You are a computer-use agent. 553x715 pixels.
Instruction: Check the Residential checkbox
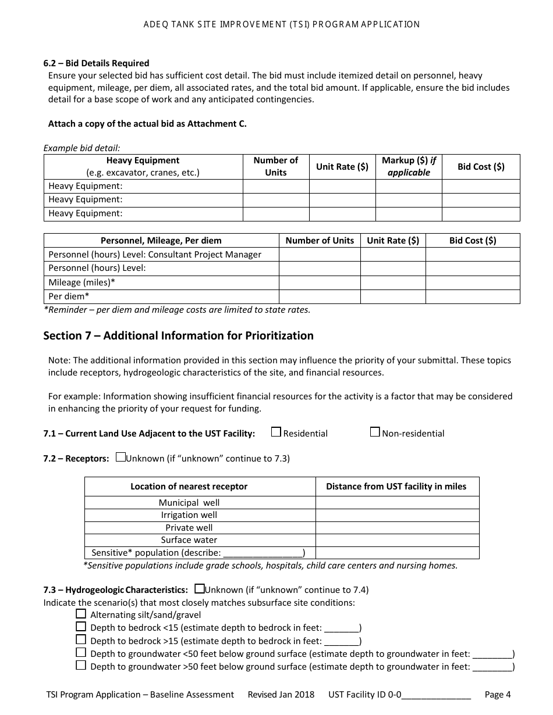pos(276,432)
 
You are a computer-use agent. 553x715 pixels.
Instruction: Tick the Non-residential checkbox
pos(375,432)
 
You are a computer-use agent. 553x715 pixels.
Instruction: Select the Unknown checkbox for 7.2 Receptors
pos(120,457)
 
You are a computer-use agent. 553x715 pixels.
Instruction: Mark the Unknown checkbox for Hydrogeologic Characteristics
pos(200,589)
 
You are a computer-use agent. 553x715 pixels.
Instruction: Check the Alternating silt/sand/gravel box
pos(81,614)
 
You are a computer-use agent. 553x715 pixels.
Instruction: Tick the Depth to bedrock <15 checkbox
pos(81,627)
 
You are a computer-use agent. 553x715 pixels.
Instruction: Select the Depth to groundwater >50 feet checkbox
pos(81,666)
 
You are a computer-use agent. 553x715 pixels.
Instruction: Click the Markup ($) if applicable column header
pos(409,166)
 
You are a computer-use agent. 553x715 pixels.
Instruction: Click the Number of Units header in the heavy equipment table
pos(275,166)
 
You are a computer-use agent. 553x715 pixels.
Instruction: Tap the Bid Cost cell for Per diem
pos(472,296)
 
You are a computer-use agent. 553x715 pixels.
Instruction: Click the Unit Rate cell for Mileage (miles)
pos(392,283)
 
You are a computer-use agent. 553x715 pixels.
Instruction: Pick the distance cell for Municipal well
pos(397,503)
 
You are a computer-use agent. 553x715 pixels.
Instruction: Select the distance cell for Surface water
pos(397,540)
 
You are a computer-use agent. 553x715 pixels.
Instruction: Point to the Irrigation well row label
pos(189,515)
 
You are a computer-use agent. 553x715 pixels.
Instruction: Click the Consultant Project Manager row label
pos(155,255)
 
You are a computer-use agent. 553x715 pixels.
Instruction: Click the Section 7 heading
pos(178,335)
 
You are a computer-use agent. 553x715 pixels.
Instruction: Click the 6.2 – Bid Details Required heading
pos(96,63)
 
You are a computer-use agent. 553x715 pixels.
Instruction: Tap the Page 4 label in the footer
pos(498,694)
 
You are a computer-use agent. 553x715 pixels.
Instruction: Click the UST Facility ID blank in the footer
pos(436,695)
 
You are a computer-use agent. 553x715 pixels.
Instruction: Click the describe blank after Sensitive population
pos(263,553)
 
